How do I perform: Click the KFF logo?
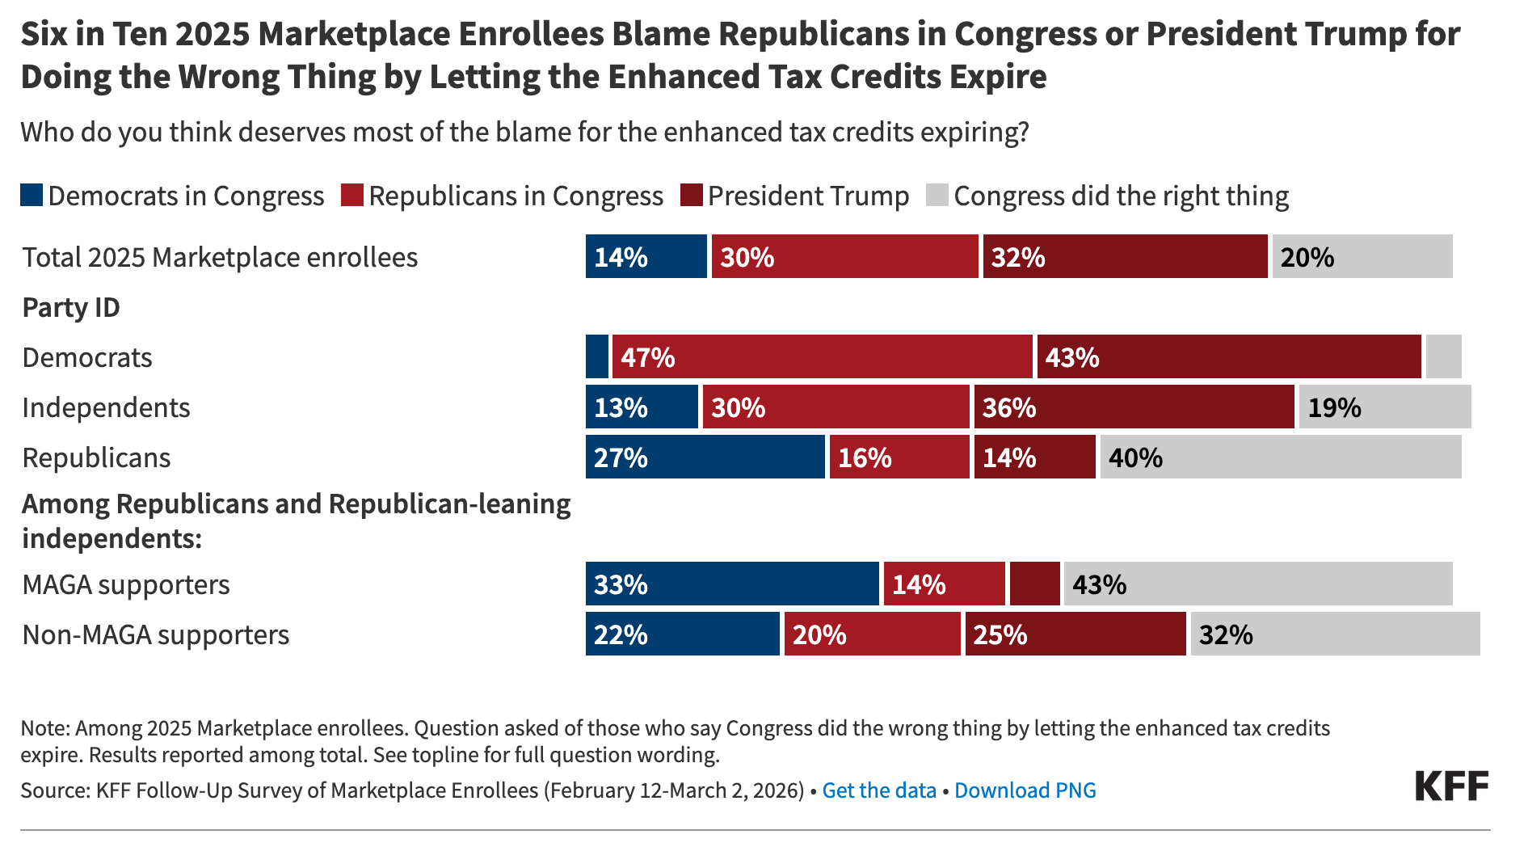click(1451, 786)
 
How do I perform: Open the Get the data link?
click(878, 790)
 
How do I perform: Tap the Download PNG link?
click(1025, 790)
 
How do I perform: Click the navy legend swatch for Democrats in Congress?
click(32, 196)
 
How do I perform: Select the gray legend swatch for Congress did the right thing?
click(937, 196)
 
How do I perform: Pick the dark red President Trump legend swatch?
click(691, 196)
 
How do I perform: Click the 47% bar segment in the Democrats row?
click(822, 356)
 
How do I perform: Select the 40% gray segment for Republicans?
click(1280, 457)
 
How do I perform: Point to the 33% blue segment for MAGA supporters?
click(731, 584)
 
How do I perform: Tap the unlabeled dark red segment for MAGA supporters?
click(1034, 584)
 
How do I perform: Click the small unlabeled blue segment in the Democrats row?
click(596, 356)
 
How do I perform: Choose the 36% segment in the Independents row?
click(1134, 407)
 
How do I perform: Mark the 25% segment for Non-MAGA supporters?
click(1075, 634)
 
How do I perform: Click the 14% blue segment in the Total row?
click(646, 256)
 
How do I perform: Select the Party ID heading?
click(71, 307)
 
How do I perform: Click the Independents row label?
click(106, 407)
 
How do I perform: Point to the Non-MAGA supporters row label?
click(155, 634)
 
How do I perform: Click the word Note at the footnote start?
click(44, 728)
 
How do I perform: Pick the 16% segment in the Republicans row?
click(899, 457)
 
